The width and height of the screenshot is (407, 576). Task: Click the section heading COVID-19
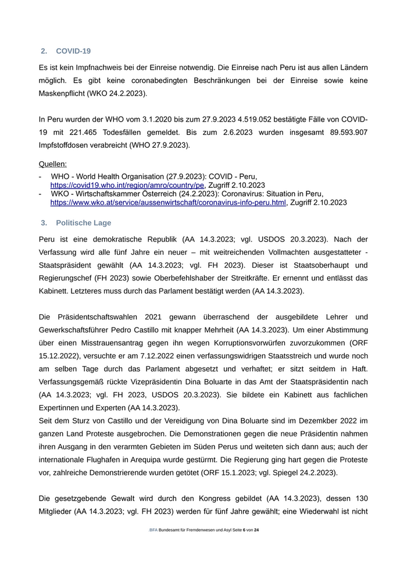click(73, 51)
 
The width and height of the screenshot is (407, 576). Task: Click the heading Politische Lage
click(84, 223)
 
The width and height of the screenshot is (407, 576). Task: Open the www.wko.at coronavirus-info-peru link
click(168, 202)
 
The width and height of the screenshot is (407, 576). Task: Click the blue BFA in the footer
click(153, 530)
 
